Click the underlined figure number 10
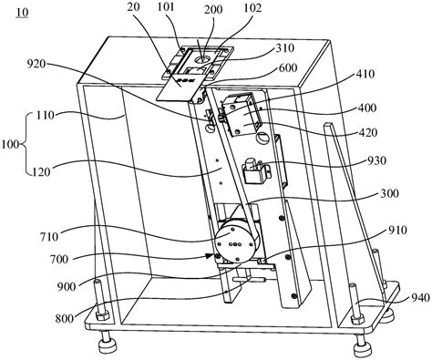(22, 13)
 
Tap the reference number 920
(36, 64)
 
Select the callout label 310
(284, 48)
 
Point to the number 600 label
(287, 67)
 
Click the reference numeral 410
(365, 74)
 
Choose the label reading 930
(376, 160)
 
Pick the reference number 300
(389, 193)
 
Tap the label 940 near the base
(421, 297)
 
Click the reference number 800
(65, 319)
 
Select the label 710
(48, 237)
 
